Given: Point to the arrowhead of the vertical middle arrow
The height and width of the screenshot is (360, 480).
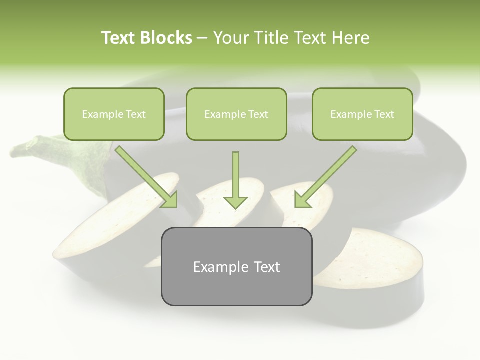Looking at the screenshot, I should point(235,202).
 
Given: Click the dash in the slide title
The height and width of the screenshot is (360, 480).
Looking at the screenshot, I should point(202,38).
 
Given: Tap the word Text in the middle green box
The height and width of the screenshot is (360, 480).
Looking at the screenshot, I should point(258,114).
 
